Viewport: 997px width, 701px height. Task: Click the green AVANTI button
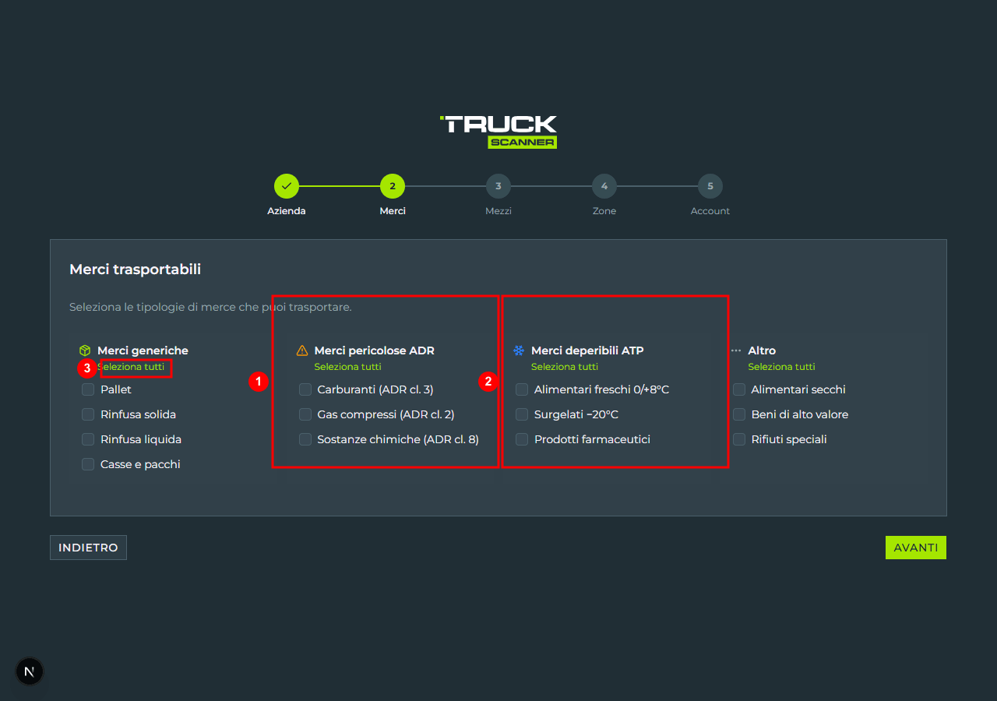[x=915, y=548]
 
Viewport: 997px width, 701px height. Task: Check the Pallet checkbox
[x=88, y=389]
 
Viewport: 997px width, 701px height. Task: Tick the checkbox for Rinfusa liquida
[x=88, y=439]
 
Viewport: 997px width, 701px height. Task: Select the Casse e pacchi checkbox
[x=88, y=464]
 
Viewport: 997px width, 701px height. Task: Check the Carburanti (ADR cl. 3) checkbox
[x=305, y=389]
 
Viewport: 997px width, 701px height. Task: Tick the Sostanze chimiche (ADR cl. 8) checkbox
[x=305, y=439]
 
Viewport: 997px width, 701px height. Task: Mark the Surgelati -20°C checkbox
[x=522, y=414]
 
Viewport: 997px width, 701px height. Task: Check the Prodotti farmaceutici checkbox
[x=522, y=439]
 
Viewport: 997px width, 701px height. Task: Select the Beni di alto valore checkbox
[x=739, y=414]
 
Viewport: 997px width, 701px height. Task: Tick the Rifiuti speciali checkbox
[x=739, y=439]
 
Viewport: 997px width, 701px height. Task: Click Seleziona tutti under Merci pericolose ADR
[x=347, y=367]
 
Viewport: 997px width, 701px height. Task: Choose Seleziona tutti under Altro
[x=781, y=367]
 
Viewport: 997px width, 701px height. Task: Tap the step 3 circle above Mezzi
[x=498, y=186]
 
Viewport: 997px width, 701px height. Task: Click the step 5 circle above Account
[x=710, y=186]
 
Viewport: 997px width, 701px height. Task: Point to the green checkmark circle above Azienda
[x=286, y=186]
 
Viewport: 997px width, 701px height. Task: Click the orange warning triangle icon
[x=302, y=350]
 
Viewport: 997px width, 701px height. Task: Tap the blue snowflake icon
[x=519, y=350]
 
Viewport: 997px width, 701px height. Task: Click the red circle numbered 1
[x=258, y=382]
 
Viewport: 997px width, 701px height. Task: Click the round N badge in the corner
[x=30, y=671]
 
